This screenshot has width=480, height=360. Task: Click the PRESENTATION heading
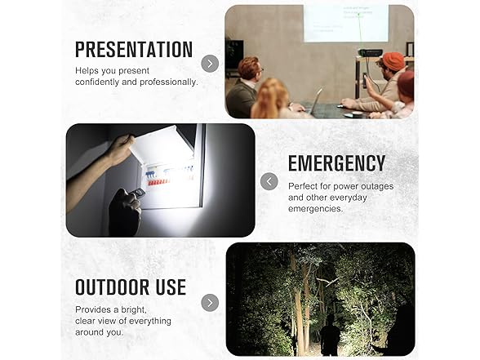pos(134,49)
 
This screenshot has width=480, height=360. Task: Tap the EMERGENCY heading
pos(336,163)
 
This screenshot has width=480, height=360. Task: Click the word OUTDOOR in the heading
pos(112,287)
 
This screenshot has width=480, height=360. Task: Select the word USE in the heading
pos(171,287)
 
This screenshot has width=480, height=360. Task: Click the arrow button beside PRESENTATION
pos(210,64)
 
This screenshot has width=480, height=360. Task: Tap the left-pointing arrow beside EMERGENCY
pos(269,181)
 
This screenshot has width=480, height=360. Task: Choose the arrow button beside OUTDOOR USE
pos(210,303)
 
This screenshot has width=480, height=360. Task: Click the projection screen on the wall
pos(346,23)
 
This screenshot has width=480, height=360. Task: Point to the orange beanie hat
pos(393,60)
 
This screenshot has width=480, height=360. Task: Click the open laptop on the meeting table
pos(315,102)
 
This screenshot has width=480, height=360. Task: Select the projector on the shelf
pos(371,52)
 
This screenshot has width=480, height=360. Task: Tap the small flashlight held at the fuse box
pos(137,193)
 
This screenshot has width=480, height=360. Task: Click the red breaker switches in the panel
pos(158,183)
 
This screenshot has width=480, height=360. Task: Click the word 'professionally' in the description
pos(169,82)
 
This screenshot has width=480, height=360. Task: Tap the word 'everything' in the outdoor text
pos(149,321)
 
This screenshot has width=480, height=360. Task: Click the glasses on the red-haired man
pos(260,70)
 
